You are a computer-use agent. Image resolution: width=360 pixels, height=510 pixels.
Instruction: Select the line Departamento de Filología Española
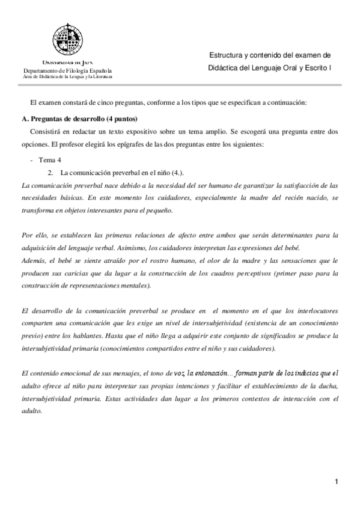click(67, 71)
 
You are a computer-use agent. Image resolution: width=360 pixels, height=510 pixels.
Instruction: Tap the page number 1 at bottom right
click(338, 481)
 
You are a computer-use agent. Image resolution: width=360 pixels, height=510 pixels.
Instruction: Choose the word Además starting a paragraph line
click(33, 261)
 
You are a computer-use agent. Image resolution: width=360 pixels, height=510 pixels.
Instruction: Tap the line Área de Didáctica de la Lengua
click(67, 77)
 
